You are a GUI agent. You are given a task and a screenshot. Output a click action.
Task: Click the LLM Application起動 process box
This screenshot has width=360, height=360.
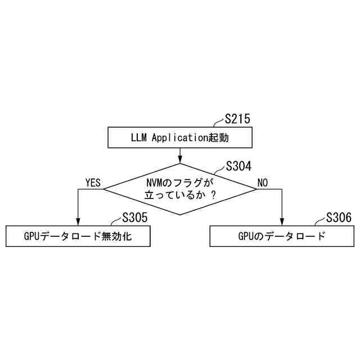click(x=179, y=137)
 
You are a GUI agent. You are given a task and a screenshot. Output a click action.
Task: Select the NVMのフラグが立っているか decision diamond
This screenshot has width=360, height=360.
click(x=179, y=189)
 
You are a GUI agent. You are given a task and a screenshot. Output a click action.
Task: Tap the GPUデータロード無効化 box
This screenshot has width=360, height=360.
click(x=78, y=236)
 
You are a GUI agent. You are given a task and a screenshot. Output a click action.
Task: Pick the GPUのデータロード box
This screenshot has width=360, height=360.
click(x=281, y=236)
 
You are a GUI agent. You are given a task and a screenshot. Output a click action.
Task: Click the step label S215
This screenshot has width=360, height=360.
click(x=237, y=119)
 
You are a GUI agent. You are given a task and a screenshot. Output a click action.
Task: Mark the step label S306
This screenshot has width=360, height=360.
click(x=339, y=218)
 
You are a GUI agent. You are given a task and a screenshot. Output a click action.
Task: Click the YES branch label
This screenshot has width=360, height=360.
click(x=93, y=183)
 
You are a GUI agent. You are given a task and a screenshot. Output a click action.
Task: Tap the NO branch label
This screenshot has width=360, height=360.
click(x=263, y=183)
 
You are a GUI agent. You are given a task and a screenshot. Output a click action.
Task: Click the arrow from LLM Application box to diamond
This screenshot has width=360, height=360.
click(x=179, y=155)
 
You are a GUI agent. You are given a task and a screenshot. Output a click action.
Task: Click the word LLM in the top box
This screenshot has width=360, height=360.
click(x=139, y=137)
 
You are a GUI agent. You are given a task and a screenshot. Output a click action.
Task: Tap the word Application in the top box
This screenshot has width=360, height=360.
click(x=179, y=137)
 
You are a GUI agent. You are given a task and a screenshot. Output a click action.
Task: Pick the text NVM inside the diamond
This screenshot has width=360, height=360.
click(x=154, y=182)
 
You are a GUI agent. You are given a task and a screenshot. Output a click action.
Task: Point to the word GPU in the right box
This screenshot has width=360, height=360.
click(x=247, y=236)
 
